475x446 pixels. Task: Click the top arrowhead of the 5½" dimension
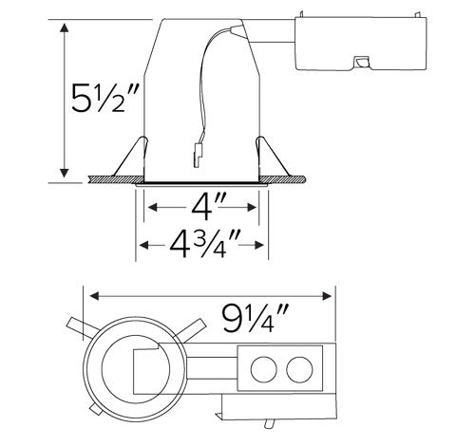64,27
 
